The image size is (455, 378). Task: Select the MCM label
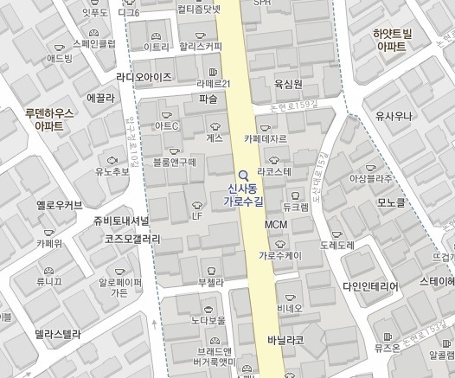click(276, 225)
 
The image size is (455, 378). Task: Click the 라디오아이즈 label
click(155, 76)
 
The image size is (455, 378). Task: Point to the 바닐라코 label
click(285, 340)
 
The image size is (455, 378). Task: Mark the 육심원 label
click(288, 84)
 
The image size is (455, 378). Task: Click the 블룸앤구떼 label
click(175, 162)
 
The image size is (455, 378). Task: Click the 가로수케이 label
click(279, 256)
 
